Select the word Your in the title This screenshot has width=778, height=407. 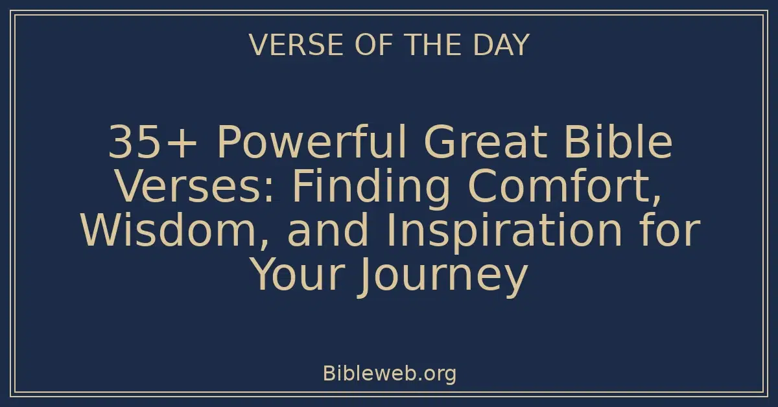click(298, 275)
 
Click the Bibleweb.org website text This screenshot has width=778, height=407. click(389, 373)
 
